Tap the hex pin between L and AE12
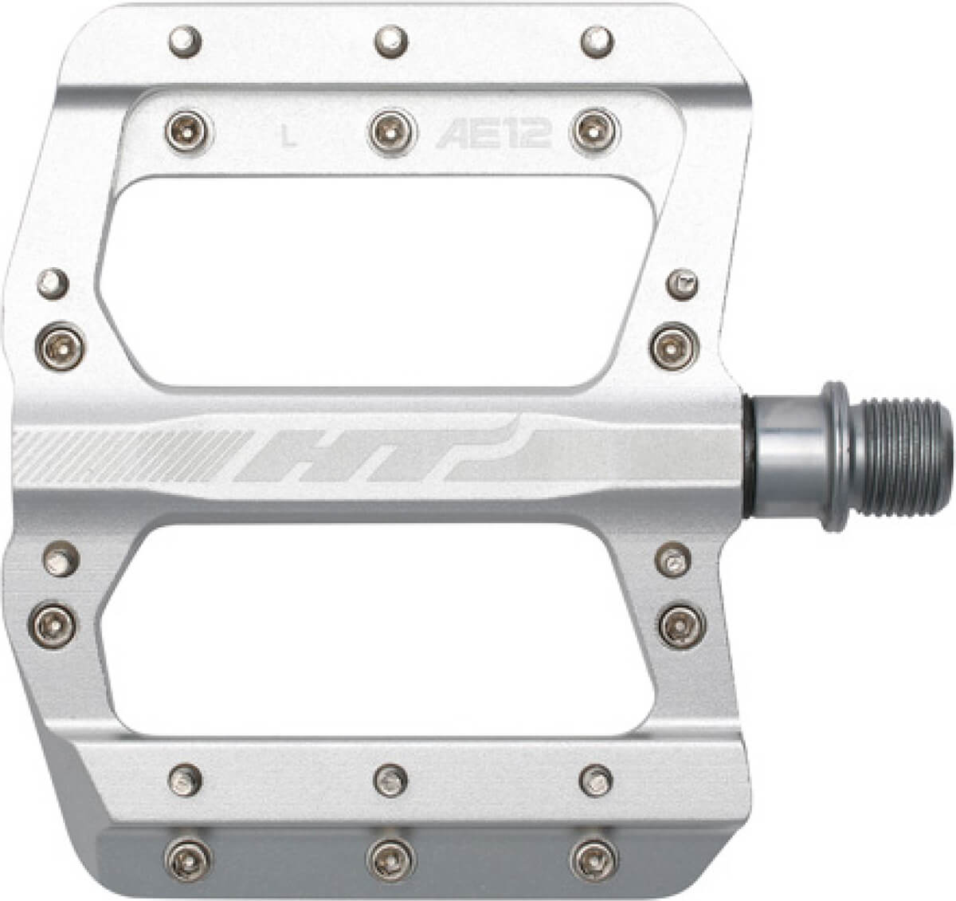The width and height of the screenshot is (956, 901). (x=393, y=132)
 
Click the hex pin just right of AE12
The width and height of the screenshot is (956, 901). (x=595, y=132)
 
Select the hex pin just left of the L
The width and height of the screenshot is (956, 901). (x=189, y=132)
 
